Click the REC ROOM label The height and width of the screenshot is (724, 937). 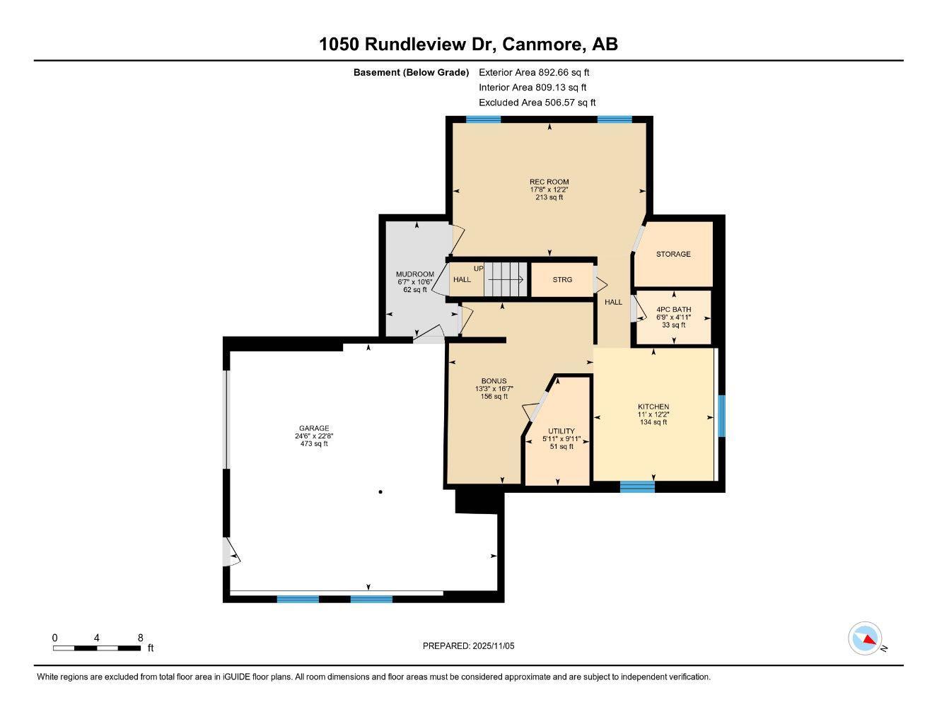(549, 182)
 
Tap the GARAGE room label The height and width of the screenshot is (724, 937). (313, 428)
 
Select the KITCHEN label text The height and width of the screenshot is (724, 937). (653, 407)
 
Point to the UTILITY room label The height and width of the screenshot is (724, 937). (561, 431)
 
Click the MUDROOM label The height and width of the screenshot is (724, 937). (414, 274)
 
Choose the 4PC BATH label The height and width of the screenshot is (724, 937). (673, 310)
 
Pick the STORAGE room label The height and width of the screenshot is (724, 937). (673, 254)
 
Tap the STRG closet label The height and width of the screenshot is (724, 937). (562, 280)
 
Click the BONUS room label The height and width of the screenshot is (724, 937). (494, 381)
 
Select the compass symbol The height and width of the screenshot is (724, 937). (865, 638)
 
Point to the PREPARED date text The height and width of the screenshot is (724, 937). (468, 646)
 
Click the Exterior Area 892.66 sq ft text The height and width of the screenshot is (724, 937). (534, 72)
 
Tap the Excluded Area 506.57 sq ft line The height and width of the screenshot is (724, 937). (537, 103)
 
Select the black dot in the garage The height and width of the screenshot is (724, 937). (380, 491)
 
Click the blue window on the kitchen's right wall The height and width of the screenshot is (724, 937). (721, 416)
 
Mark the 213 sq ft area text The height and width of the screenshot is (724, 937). (549, 197)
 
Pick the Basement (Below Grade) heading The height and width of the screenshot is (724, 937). (411, 72)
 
